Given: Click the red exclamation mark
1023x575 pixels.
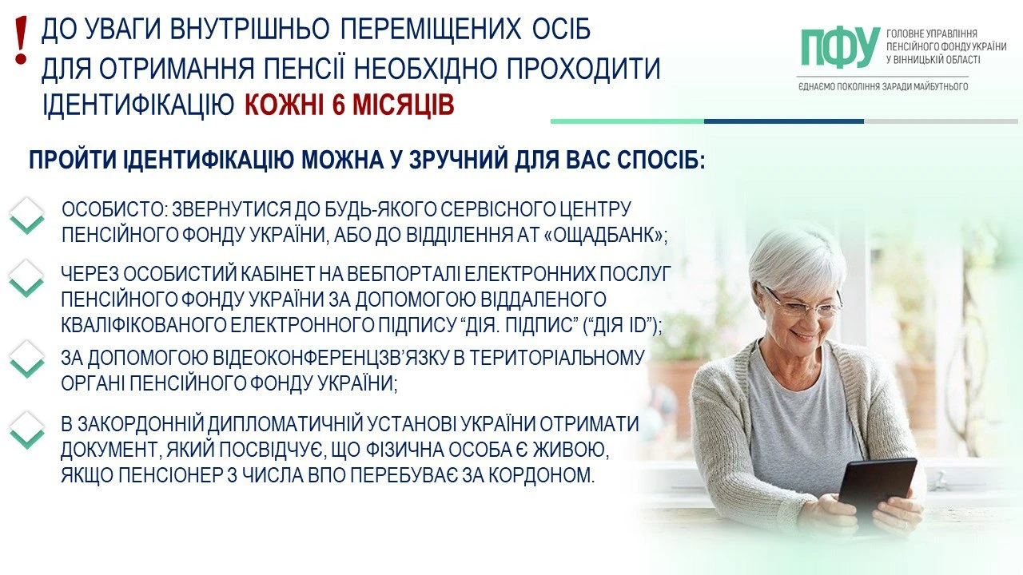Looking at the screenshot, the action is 21,40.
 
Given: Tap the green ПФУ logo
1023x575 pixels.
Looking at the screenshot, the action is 841,47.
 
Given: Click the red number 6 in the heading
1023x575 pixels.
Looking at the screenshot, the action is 338,105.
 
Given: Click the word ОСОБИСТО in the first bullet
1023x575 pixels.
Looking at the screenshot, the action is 111,209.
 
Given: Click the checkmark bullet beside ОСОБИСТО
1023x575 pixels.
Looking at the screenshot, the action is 27,216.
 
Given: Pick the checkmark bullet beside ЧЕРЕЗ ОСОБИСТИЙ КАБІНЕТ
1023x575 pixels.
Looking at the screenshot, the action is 27,279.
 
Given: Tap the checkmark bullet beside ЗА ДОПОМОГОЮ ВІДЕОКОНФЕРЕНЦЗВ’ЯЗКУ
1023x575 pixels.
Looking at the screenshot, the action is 27,359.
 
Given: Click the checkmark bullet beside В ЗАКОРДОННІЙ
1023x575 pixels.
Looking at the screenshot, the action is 27,430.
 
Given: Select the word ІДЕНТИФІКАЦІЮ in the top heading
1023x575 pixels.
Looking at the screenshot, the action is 138,105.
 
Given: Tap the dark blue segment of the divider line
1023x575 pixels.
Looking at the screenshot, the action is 784,121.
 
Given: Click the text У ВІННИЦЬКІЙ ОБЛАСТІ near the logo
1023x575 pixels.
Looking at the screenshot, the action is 933,60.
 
